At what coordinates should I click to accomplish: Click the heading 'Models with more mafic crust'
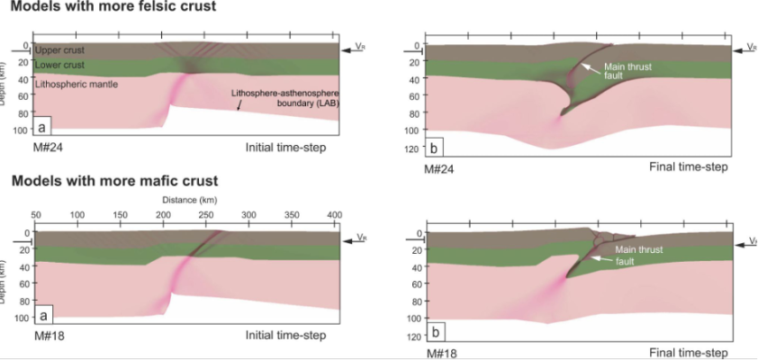tap(114, 181)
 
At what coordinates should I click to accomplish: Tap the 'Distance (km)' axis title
tap(186, 200)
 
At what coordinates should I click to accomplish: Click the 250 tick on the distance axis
tap(230, 216)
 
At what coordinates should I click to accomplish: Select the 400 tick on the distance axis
tap(360, 216)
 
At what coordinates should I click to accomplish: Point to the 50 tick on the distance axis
tap(36, 216)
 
